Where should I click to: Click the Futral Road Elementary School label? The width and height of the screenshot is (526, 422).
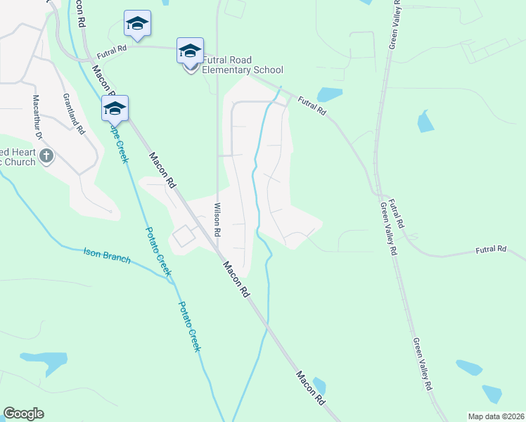[x=243, y=65]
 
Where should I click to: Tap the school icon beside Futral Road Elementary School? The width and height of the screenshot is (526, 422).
[x=190, y=51]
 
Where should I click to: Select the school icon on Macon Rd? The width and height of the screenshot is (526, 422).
[x=115, y=109]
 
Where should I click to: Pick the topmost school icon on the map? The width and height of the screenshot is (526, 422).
[x=137, y=25]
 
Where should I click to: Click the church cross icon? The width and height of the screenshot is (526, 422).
[x=46, y=156]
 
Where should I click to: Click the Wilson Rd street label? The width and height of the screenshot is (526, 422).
[x=217, y=219]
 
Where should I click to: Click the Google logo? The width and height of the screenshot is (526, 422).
[x=23, y=414]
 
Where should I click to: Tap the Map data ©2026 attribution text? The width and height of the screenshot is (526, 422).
[x=495, y=416]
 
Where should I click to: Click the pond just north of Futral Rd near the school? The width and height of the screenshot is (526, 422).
[x=329, y=94]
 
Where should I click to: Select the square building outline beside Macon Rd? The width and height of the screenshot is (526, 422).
[x=184, y=236]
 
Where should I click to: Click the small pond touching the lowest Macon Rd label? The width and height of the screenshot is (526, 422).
[x=320, y=386]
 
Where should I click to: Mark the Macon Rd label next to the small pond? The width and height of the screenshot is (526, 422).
[x=309, y=387]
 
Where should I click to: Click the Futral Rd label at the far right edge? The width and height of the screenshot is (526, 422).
[x=491, y=249]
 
